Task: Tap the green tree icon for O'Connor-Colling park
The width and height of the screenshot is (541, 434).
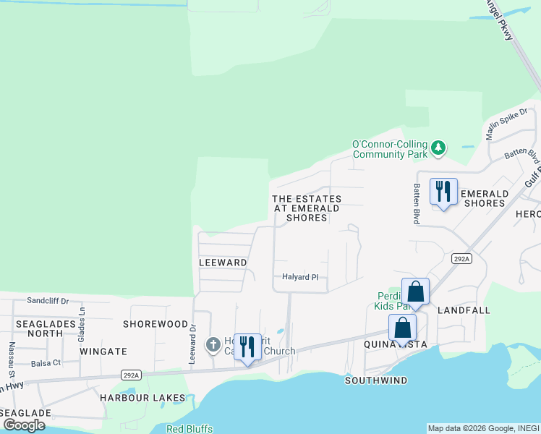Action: click(x=438, y=148)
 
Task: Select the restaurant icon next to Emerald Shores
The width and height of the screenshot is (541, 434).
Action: click(x=443, y=192)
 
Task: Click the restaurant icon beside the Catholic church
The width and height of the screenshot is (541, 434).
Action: click(x=247, y=346)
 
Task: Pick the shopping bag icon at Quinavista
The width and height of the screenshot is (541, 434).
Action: click(x=402, y=328)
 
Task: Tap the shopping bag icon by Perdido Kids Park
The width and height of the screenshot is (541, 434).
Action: click(x=415, y=292)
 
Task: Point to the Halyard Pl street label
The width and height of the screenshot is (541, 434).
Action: click(x=300, y=277)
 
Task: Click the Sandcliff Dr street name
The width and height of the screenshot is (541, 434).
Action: click(x=48, y=300)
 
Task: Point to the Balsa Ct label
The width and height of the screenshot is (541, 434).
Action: click(x=46, y=362)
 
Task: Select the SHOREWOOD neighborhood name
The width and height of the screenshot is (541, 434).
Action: click(x=156, y=324)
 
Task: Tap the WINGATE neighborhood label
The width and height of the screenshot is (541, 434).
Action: click(x=103, y=352)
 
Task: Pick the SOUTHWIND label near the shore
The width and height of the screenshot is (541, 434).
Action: click(x=376, y=380)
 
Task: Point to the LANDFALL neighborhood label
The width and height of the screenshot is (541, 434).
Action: click(x=464, y=310)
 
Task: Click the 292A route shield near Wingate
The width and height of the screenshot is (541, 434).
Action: click(x=131, y=375)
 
